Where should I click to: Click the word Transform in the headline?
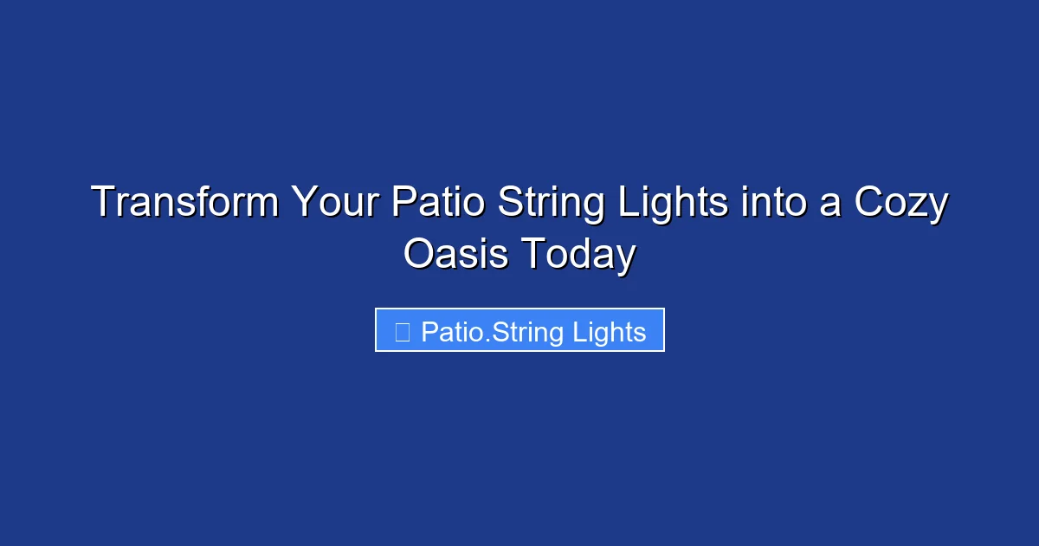click(185, 204)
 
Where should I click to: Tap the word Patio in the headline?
click(438, 204)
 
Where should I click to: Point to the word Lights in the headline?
click(672, 204)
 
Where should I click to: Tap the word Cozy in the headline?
click(901, 204)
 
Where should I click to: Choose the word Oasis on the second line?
click(456, 255)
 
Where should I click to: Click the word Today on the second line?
click(578, 255)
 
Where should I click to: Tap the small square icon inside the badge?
click(402, 331)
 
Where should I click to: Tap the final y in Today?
click(627, 258)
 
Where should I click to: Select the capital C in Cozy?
click(868, 204)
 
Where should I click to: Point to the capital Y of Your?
click(304, 204)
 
